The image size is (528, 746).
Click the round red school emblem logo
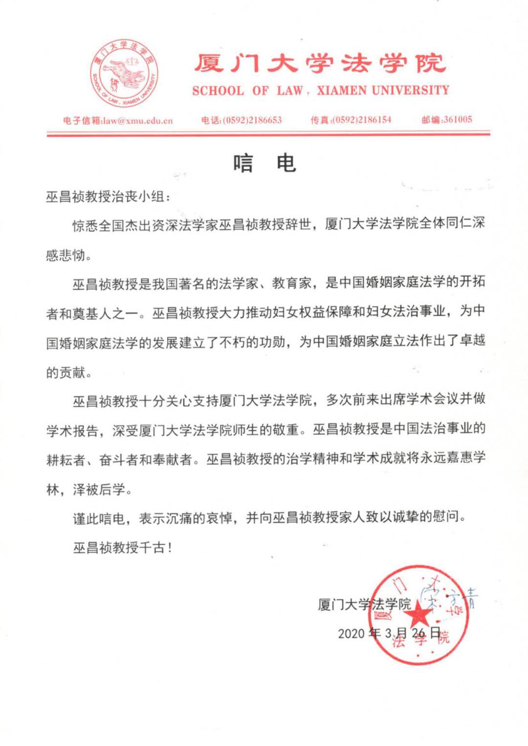click(124, 73)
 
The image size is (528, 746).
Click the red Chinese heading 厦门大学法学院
click(320, 64)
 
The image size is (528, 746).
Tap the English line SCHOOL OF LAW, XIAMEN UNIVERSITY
click(320, 90)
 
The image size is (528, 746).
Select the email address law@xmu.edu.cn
click(137, 120)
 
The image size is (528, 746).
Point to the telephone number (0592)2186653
click(252, 120)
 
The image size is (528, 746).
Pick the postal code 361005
click(458, 119)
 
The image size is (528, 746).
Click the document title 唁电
click(264, 163)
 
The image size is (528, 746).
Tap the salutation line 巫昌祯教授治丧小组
click(108, 197)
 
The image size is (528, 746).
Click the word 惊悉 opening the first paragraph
click(86, 225)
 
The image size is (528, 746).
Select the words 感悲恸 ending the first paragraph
click(66, 255)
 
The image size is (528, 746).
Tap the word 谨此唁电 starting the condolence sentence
click(99, 518)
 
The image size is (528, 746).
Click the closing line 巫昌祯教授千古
click(122, 548)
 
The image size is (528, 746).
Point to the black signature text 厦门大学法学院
click(364, 604)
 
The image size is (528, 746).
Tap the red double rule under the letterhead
click(268, 133)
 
